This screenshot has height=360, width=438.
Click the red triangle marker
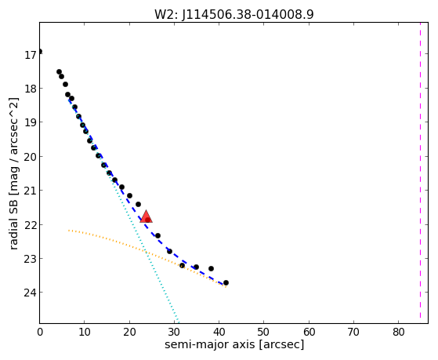(146, 216)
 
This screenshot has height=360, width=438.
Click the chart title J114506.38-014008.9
(248, 15)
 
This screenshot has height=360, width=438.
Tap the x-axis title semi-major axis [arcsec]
(234, 344)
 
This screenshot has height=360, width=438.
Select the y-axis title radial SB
(13, 225)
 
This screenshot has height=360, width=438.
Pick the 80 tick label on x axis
(398, 332)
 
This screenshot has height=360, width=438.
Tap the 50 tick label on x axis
(264, 332)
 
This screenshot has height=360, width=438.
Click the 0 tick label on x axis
(40, 332)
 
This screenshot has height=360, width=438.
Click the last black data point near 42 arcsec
(226, 283)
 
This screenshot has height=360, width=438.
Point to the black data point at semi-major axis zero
(40, 51)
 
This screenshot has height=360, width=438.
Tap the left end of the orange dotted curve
(68, 231)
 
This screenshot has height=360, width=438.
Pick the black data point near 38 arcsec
(212, 268)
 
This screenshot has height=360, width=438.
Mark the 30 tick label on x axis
(174, 332)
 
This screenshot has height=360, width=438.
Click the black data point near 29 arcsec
(169, 251)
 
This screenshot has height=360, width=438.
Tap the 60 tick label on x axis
(309, 332)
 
